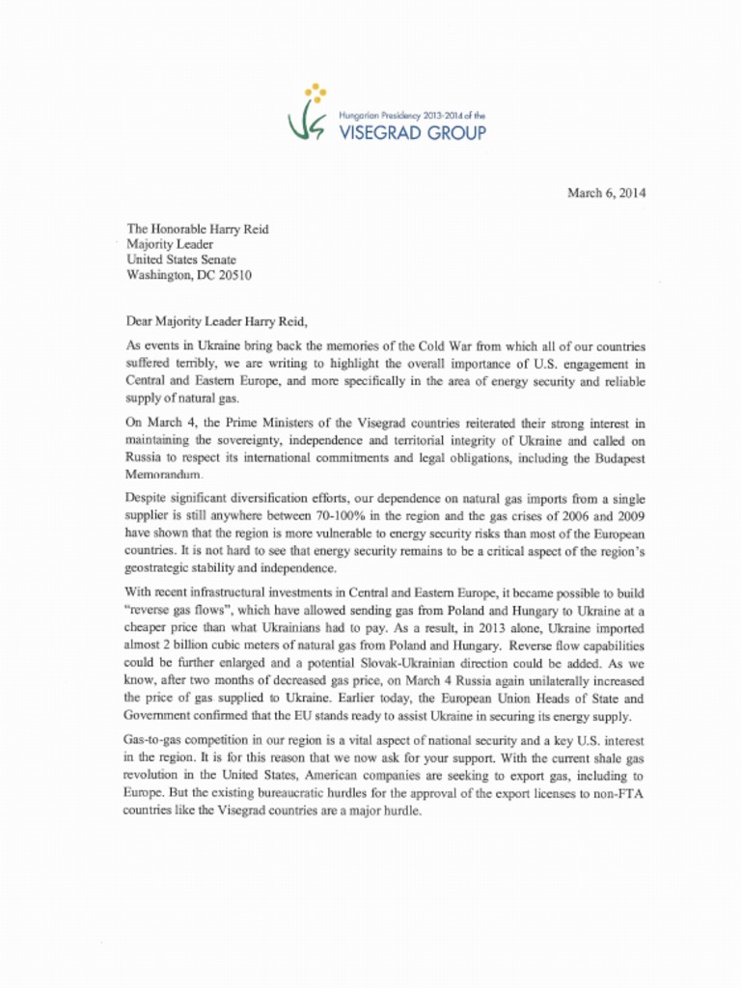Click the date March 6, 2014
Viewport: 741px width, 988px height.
coord(606,193)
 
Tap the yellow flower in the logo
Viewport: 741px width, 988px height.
coord(315,94)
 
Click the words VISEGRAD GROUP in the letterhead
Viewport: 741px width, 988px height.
coord(413,133)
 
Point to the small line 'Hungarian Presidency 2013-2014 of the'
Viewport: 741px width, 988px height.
coord(412,115)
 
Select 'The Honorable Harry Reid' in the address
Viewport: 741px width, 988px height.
coord(198,229)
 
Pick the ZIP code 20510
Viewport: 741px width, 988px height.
coord(249,274)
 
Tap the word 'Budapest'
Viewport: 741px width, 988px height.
coord(614,460)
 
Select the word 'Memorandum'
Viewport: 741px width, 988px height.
coord(163,477)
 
